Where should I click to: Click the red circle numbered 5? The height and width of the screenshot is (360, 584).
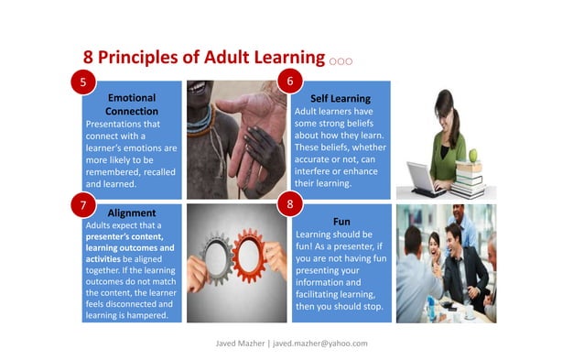click(83, 82)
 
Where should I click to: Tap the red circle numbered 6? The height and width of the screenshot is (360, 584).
click(290, 82)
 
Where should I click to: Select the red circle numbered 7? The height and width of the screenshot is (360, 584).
click(83, 204)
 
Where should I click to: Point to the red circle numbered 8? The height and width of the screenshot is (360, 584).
click(290, 204)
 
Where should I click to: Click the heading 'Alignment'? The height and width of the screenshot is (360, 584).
click(131, 213)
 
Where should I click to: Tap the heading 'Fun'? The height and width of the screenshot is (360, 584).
click(341, 222)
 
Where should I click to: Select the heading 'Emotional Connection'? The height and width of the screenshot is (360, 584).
click(131, 104)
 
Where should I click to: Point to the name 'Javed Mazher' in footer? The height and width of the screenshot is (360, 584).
click(240, 343)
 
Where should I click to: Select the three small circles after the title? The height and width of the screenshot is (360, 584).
click(341, 61)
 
